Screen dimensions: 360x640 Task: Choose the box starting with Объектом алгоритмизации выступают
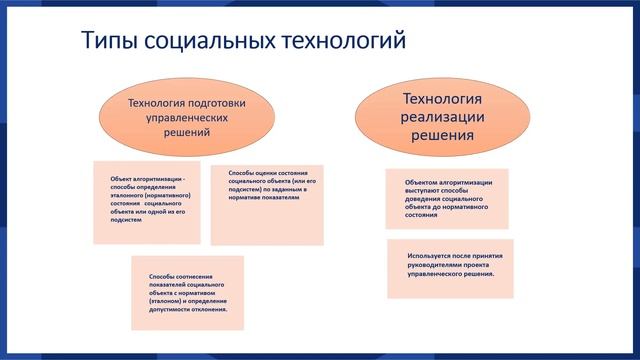point(446,199)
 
